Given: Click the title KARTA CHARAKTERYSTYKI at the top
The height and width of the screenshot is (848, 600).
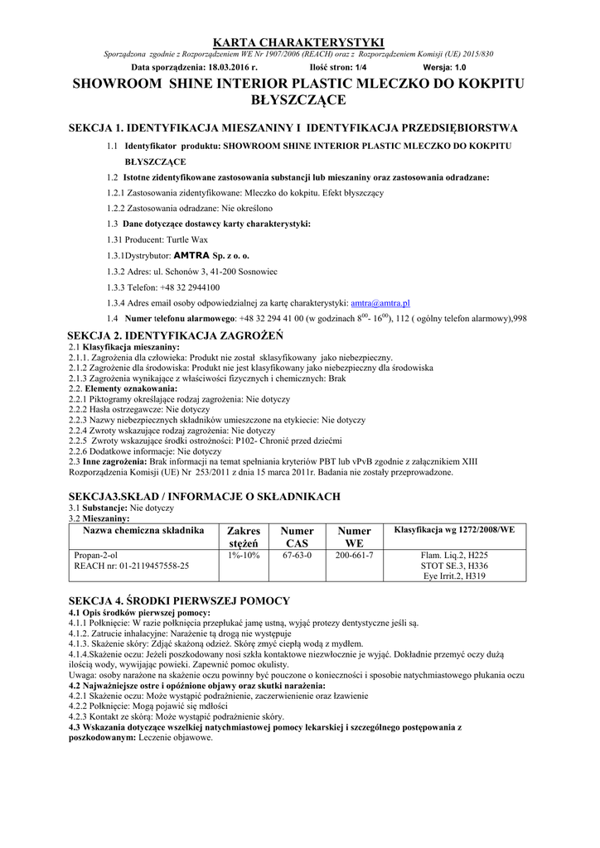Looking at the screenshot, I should pos(299,42).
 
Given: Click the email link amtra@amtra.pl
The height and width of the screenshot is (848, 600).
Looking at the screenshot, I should pos(380,303).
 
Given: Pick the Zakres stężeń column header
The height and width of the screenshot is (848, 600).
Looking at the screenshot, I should pos(244,537).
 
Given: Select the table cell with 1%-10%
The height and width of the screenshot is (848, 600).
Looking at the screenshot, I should pos(244,555).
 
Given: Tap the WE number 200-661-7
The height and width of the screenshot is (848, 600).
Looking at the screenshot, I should pos(354,555).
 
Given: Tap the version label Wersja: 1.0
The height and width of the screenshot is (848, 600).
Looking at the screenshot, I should pos(444,65).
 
